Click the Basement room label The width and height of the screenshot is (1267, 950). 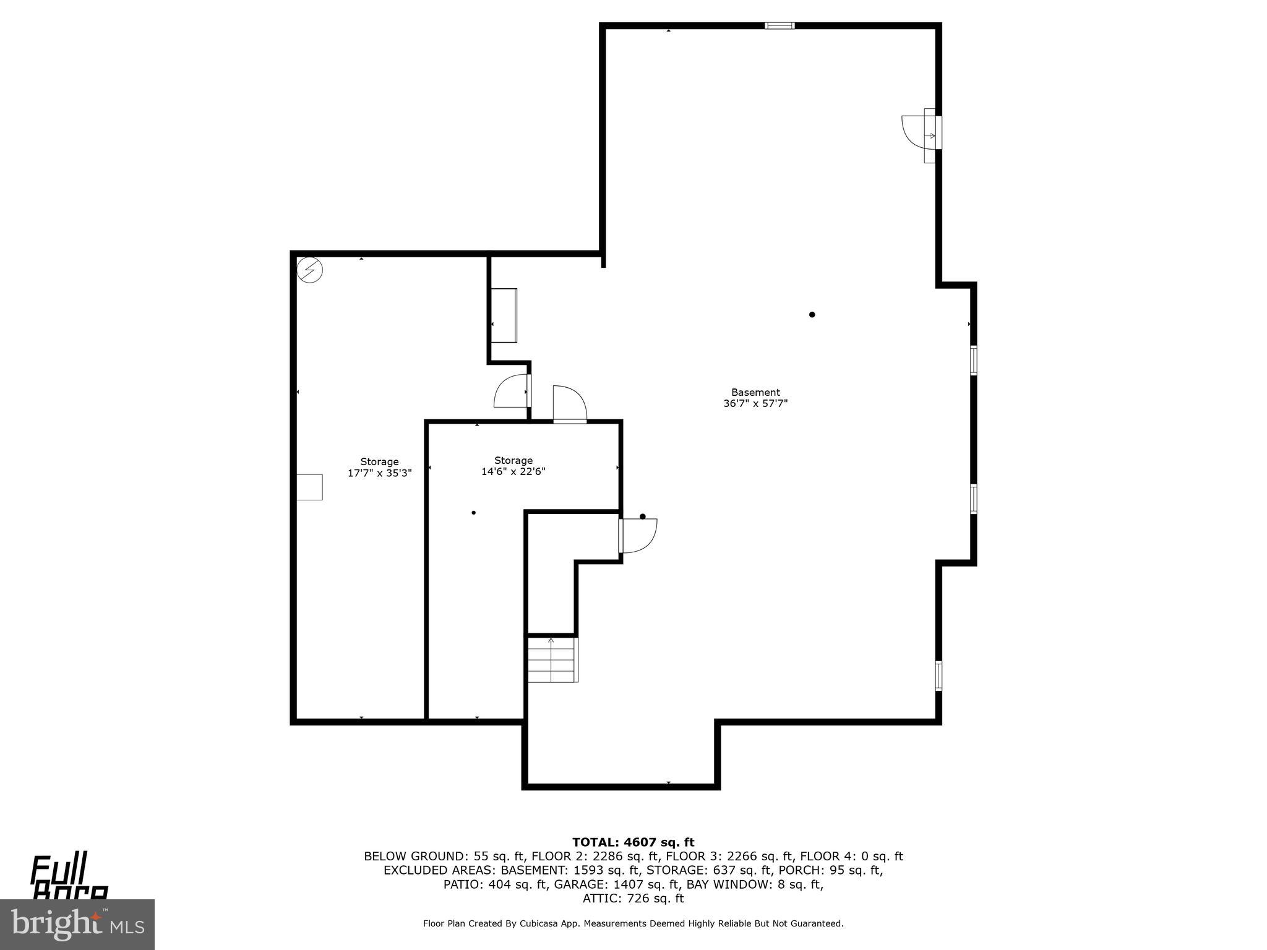755,392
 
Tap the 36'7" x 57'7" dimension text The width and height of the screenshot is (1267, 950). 755,404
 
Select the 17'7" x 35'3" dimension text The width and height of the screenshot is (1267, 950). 379,473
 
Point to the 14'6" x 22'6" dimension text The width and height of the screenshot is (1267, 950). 513,472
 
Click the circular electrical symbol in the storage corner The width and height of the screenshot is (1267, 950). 310,270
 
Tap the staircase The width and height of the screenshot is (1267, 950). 552,659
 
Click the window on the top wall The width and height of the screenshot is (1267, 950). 780,26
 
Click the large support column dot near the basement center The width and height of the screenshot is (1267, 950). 812,315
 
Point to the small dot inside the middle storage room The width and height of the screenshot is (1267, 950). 473,513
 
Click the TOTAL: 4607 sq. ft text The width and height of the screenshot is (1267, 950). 633,842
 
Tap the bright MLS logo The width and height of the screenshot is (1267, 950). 77,924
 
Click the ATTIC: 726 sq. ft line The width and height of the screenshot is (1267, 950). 633,899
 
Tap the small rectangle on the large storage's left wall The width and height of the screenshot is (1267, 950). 309,487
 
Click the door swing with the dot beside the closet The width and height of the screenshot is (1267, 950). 638,535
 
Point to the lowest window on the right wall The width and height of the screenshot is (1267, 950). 938,676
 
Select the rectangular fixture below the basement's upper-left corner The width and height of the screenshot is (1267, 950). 504,315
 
